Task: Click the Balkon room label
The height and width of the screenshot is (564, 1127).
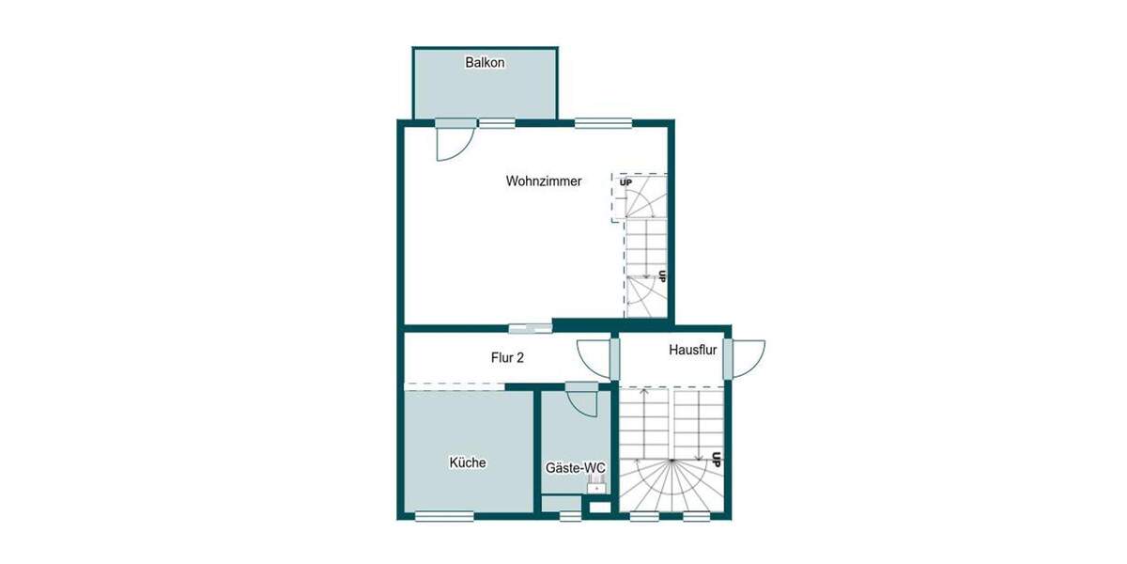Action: point(485,63)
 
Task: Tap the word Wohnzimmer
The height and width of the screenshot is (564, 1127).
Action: point(543,181)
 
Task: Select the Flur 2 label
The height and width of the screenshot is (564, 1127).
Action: point(507,357)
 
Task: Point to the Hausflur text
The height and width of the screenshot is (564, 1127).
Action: point(693,350)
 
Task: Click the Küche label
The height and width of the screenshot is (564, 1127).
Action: point(467,462)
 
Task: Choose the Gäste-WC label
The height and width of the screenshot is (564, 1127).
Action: point(576,467)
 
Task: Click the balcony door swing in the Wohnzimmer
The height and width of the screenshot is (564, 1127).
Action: point(455,141)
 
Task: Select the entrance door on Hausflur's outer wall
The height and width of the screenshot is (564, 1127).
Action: point(728,358)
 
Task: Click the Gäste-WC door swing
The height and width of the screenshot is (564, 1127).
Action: point(582,399)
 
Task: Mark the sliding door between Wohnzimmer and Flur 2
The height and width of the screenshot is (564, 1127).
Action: point(531,328)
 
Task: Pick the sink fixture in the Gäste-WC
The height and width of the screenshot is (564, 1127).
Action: point(595,485)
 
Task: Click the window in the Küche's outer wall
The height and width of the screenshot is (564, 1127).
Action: point(443,515)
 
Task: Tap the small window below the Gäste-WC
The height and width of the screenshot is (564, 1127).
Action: point(569,515)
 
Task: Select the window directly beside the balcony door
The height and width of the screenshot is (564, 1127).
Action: point(497,121)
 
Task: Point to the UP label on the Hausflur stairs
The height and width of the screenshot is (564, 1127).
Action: point(716,461)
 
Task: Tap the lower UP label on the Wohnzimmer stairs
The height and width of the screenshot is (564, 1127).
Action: point(662,276)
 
